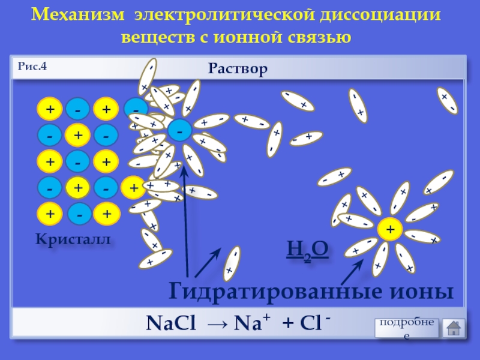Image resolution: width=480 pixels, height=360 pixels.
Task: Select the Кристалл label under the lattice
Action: click(74, 239)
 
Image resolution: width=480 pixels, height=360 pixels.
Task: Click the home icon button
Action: click(454, 327)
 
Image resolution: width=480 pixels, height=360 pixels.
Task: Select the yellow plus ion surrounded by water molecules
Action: click(390, 229)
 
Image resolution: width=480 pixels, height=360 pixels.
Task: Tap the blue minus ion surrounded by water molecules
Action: click(179, 129)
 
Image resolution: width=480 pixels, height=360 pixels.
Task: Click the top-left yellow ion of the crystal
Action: click(50, 109)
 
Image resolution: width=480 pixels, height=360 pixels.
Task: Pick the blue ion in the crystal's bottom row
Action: click(79, 214)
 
